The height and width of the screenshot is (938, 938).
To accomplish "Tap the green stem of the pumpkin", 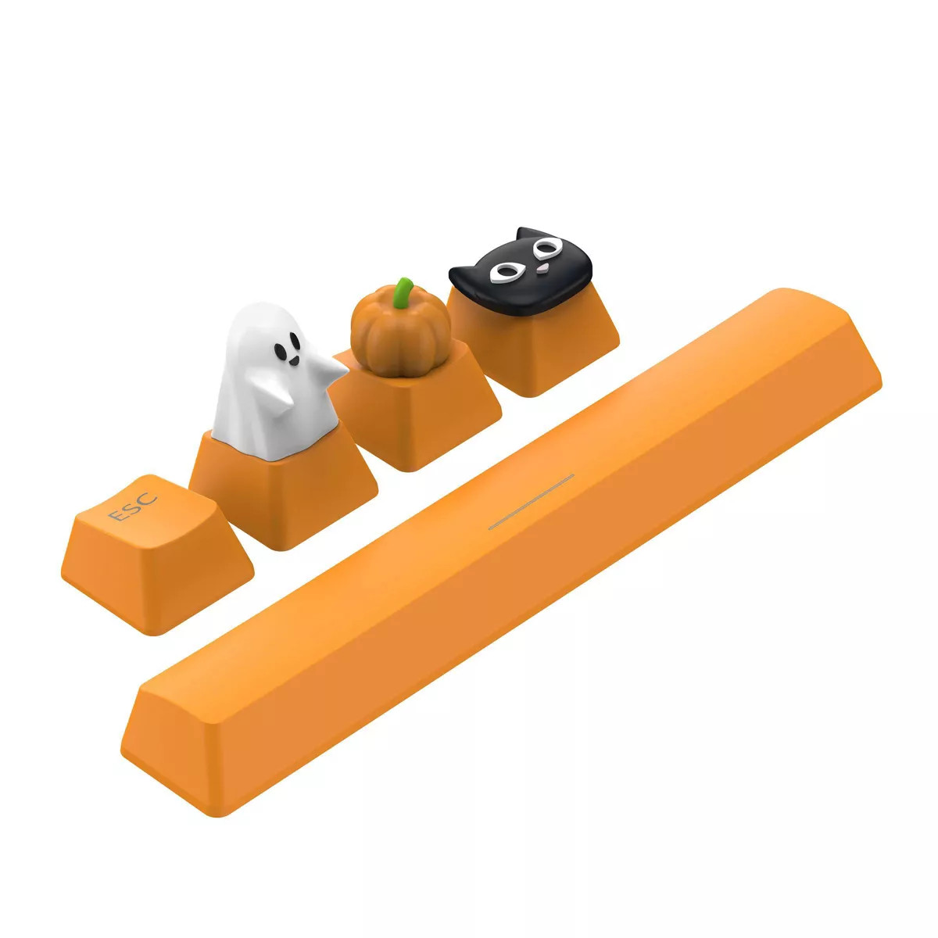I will [x=403, y=292].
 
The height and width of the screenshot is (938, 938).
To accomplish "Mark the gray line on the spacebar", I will [x=531, y=501].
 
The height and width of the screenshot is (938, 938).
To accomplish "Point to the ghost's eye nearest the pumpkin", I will [x=296, y=340].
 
